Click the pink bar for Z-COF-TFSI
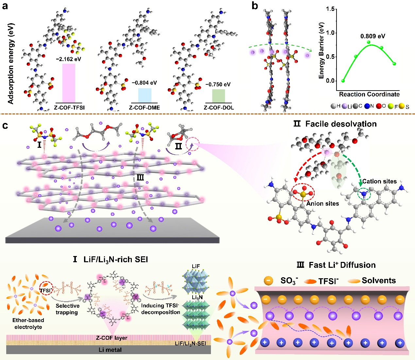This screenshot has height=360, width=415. pos(69,83)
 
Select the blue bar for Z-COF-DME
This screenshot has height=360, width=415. pos(145,95)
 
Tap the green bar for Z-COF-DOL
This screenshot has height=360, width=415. pos(218,96)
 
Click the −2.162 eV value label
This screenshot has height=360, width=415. pos(68,60)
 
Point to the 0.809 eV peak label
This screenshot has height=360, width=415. pos(373,36)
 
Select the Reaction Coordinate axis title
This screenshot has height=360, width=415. pos(369,94)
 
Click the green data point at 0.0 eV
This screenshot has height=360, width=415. pos(343,81)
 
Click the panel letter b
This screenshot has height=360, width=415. pos(255,6)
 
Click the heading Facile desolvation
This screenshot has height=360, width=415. pos(341,124)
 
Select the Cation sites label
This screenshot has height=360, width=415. pos(379,181)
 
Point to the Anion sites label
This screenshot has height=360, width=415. pos(322,204)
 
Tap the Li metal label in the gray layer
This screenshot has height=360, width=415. pos(110,350)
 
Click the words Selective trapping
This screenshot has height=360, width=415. pos(67,309)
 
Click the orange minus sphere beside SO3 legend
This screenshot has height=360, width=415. pos(268,281)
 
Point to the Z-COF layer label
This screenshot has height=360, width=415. pos(112,337)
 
